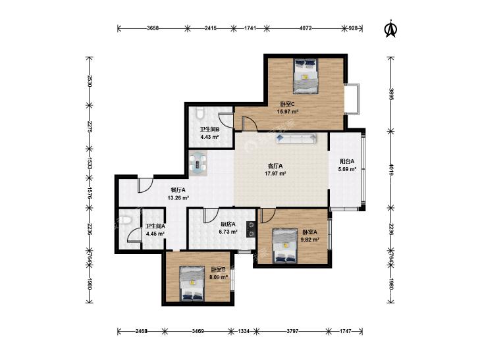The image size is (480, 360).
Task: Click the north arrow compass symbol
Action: pos(390,28)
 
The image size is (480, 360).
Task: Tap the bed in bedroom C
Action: pos(306,76)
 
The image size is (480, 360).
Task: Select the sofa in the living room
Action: pos(296,138)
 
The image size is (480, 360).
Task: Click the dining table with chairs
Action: pos(198,163)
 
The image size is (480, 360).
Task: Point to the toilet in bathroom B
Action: pos(200,113)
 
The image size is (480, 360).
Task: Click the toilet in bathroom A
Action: pos(125,220)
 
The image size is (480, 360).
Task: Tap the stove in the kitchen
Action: pos(251,230)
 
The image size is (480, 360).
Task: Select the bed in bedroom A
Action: pos(285,245)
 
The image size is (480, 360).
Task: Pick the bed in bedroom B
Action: pos(192,284)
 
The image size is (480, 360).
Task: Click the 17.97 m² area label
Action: pos(275,174)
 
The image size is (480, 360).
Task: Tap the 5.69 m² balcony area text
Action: pos(347,169)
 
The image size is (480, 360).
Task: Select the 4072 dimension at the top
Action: pos(306,28)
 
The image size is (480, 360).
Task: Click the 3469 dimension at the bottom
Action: pos(198,331)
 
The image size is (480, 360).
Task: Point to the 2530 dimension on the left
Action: pos(89,81)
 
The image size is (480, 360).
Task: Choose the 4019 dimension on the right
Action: pos(391,170)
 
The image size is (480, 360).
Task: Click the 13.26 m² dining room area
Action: pos(178,197)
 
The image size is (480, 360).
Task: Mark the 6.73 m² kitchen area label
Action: pos(228,232)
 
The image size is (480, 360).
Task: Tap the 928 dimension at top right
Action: pos(353,28)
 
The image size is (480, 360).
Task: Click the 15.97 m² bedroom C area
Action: pos(288,112)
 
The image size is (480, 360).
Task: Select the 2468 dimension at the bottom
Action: pos(142,331)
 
